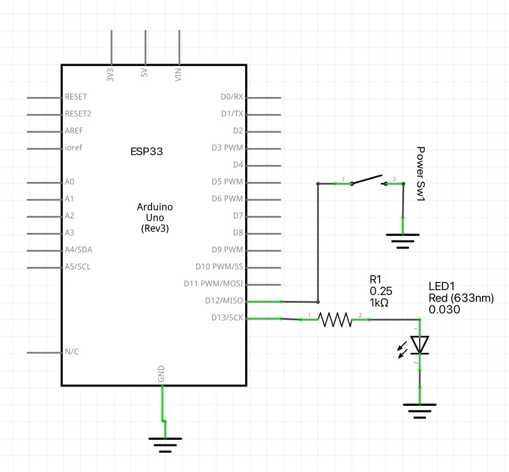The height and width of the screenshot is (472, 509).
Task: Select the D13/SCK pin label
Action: point(227,317)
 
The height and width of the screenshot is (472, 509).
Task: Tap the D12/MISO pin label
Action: point(225,300)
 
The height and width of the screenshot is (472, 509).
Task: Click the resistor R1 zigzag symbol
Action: point(336,320)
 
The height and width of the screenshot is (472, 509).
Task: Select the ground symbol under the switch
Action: point(403,240)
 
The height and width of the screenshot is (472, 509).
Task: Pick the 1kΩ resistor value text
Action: point(379,303)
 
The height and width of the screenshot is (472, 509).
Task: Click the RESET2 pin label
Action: point(78,114)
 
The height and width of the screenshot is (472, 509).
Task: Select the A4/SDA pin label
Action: point(78,249)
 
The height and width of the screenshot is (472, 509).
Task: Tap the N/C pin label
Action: point(72,351)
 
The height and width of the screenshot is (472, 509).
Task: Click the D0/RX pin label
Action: point(231,97)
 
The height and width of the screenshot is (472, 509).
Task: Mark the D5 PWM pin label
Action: point(227,182)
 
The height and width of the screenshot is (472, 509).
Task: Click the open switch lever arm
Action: point(368,179)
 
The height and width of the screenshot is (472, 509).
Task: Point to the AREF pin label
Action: point(74,131)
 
